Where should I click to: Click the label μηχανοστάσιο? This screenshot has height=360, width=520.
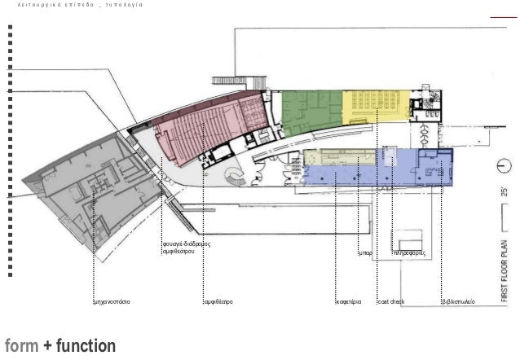click(x=112, y=302)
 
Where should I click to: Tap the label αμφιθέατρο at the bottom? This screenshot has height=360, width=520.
click(x=218, y=302)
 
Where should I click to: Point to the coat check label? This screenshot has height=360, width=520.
click(x=391, y=302)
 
